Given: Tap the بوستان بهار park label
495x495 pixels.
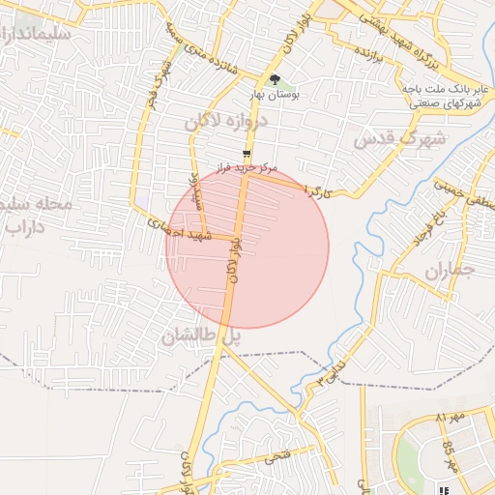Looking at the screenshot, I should (277, 96).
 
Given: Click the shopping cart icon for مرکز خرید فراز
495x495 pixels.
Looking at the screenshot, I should (248, 153).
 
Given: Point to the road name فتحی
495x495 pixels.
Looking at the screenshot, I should (276, 452).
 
